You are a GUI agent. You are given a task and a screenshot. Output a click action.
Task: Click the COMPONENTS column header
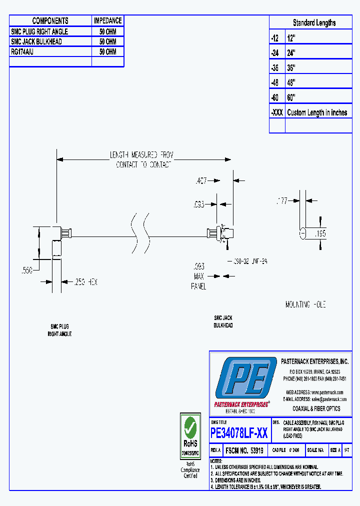tap(50, 20)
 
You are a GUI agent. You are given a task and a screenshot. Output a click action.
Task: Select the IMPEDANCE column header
tap(107, 20)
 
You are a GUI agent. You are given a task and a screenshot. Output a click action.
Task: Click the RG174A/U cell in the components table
tap(22, 51)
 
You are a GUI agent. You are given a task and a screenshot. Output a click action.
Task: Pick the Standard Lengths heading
tap(314, 22)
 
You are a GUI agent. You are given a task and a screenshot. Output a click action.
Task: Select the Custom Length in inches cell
tap(317, 112)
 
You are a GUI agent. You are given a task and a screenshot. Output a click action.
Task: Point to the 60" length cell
tap(291, 97)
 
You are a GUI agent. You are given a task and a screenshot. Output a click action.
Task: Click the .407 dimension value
tap(201, 180)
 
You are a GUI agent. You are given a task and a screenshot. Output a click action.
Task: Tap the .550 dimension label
tap(26, 270)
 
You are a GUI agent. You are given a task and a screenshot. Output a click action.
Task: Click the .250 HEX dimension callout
tap(86, 282)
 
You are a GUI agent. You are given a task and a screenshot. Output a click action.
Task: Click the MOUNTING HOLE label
tap(305, 304)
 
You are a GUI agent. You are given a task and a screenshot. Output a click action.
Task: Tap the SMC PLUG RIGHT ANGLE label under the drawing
tap(60, 330)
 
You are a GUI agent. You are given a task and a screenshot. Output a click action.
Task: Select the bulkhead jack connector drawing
tap(221, 233)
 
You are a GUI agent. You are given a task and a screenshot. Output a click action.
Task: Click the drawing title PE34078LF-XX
tap(239, 433)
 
